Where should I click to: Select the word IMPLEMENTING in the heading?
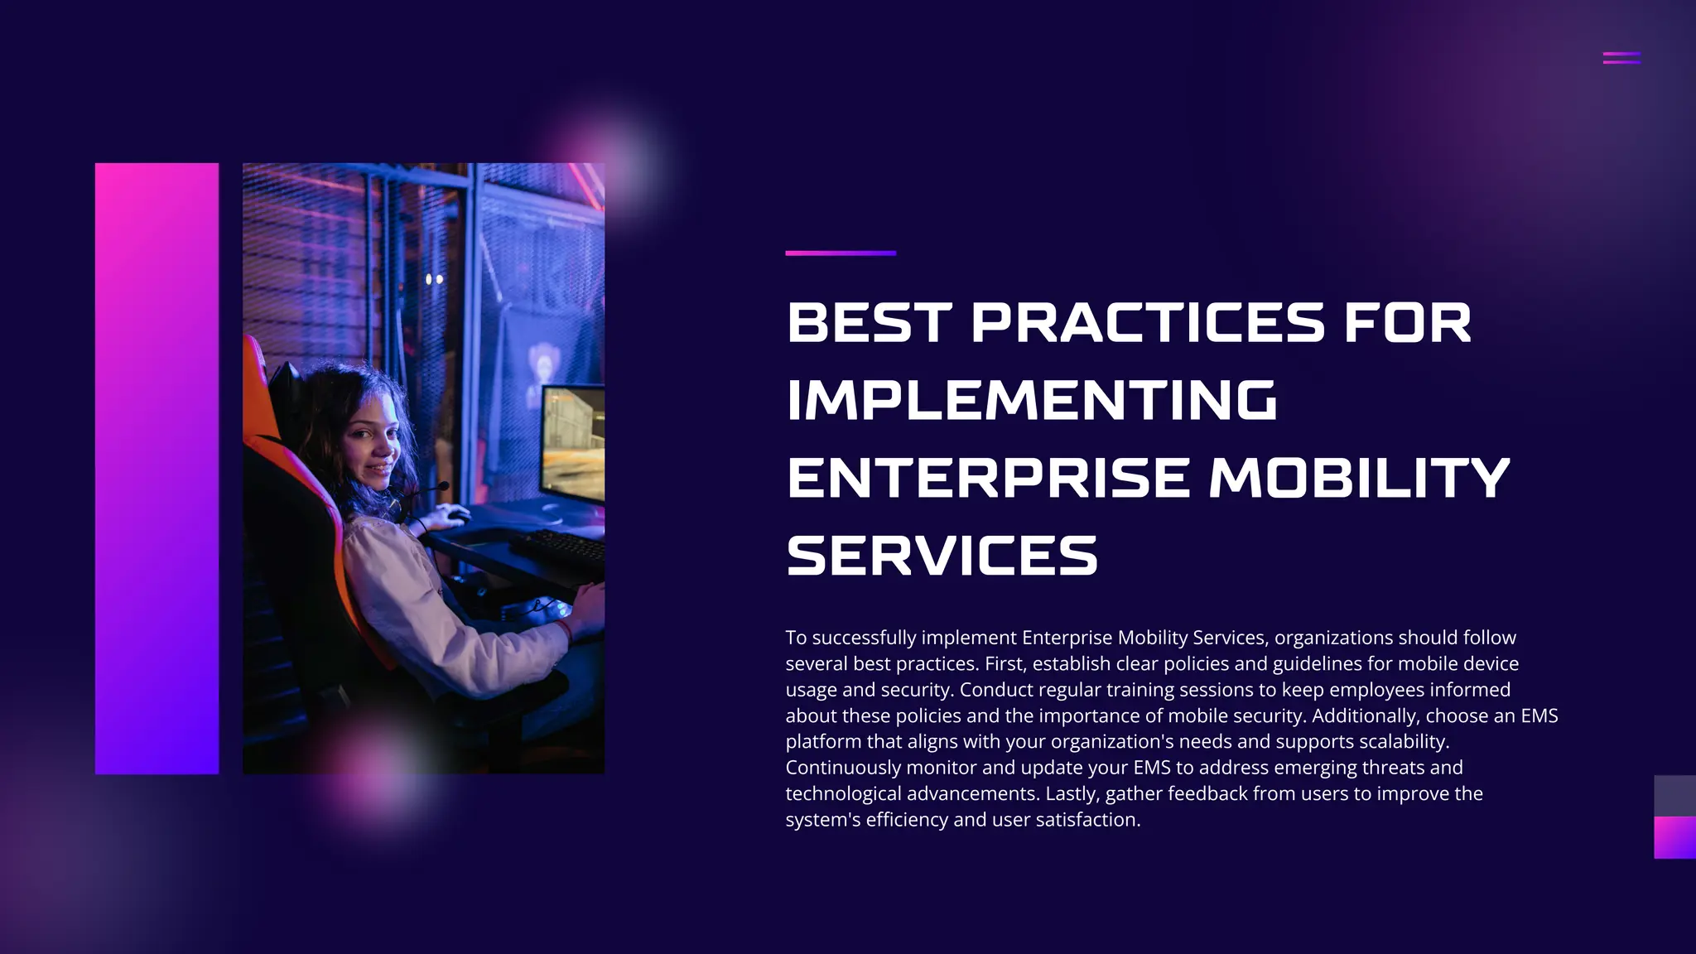click(x=1032, y=400)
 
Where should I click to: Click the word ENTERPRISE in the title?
click(x=988, y=478)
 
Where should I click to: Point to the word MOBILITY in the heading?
click(x=1360, y=478)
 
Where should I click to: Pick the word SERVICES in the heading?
click(x=942, y=556)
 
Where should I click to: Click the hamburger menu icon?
click(x=1621, y=58)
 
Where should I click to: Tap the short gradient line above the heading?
click(x=841, y=253)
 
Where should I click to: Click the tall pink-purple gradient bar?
click(x=157, y=468)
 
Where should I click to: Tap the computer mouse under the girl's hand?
click(x=454, y=518)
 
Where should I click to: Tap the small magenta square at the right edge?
click(x=1674, y=837)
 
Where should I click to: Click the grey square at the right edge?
click(x=1674, y=796)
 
